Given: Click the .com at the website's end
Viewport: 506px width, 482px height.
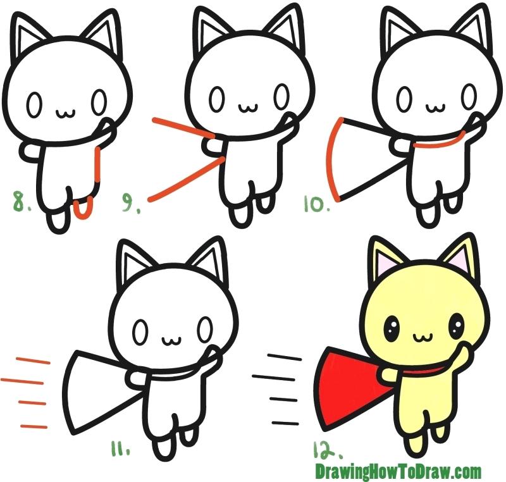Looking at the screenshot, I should (x=466, y=471).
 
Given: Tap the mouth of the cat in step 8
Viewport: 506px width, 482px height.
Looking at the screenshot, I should (x=65, y=113).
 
